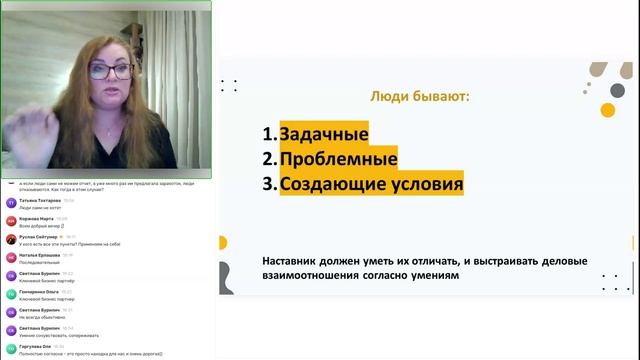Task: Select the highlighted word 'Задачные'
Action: (323, 134)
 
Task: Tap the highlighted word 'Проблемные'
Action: (337, 159)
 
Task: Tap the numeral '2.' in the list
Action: (269, 159)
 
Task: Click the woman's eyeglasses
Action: (113, 71)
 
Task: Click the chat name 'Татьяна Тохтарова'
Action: (39, 199)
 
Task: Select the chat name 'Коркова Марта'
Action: (35, 217)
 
